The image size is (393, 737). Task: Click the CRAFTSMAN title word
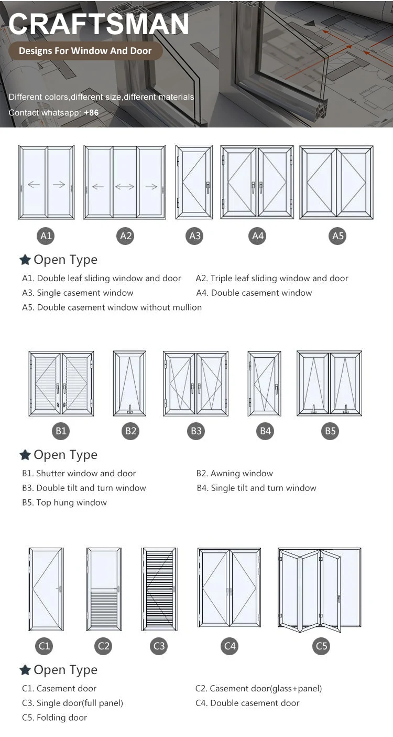point(99,24)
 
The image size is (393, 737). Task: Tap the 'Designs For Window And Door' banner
point(85,51)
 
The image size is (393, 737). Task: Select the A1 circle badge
point(47,236)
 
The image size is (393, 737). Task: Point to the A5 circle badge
point(338,236)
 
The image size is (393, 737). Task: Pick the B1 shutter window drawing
point(61,384)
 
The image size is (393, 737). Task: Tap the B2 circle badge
point(130,431)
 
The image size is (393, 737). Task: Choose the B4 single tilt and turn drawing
point(264,384)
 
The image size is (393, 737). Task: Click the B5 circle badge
point(330,431)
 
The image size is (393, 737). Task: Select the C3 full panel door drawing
point(159,589)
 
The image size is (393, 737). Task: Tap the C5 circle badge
point(321,646)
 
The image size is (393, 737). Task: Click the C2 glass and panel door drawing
point(104,589)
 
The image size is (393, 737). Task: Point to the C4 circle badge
point(230,646)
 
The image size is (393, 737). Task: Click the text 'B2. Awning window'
point(234,474)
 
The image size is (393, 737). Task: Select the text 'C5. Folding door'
point(54,718)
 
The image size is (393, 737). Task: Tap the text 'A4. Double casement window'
point(254,293)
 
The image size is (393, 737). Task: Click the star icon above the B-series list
point(25,455)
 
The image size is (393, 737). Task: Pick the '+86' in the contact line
point(91,113)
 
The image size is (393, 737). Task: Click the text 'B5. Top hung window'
point(64,503)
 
